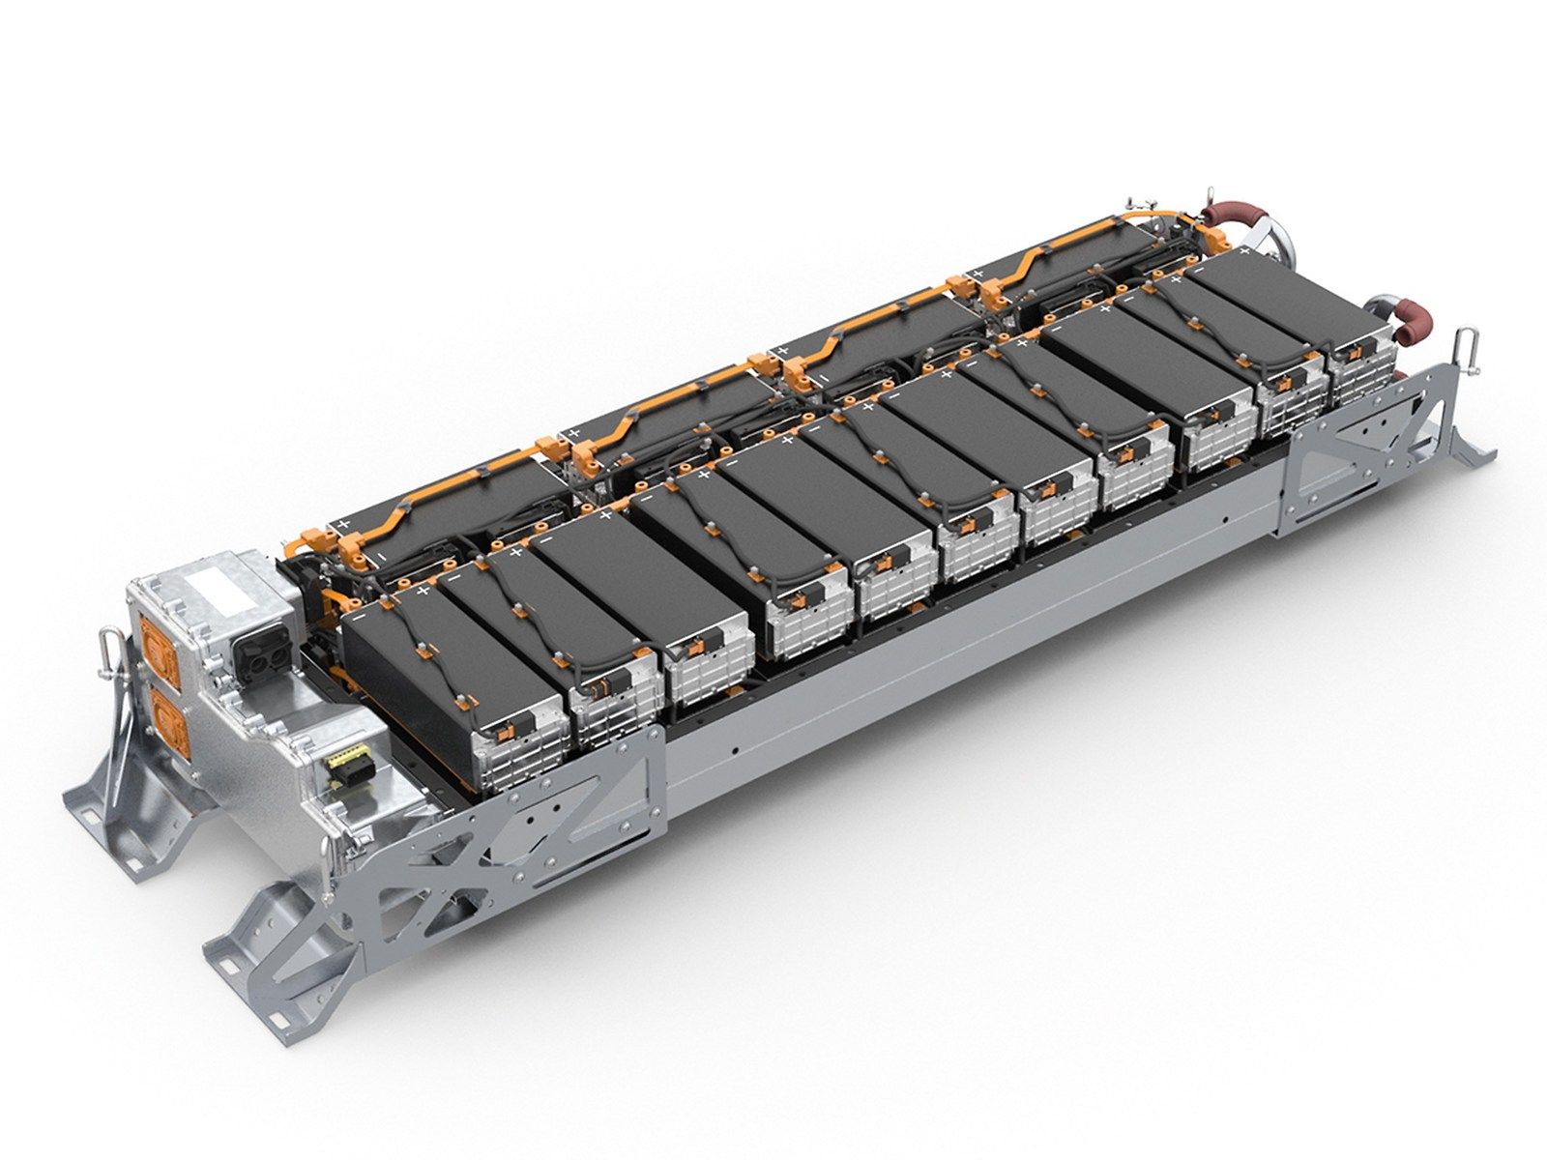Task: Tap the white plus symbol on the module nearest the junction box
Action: click(423, 590)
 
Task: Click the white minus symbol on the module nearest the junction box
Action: click(360, 614)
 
